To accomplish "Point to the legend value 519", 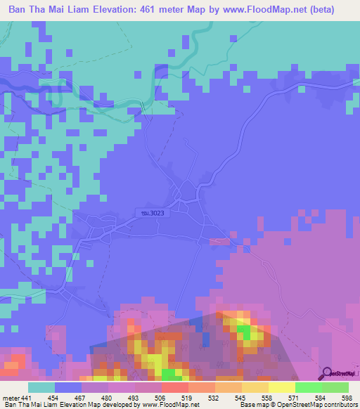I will tap(187, 397).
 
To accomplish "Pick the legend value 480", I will tap(108, 397).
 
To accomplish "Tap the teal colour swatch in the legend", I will tap(41, 387).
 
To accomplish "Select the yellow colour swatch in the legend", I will tap(281, 387).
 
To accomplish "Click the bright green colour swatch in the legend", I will tap(308, 387).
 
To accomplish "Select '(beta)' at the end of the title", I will tap(320, 10).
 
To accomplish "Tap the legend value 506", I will tap(160, 397).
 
